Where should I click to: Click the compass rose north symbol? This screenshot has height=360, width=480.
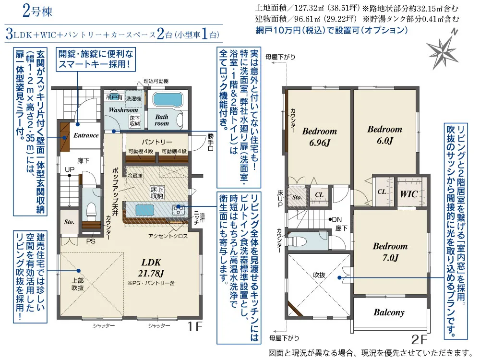443,50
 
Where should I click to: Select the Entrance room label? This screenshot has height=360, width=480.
86,135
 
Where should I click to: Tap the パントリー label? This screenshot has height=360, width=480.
157,142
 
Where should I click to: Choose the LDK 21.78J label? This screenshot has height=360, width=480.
151,267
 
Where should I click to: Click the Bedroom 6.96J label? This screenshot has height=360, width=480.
320,137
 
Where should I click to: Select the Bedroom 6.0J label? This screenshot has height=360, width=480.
385,135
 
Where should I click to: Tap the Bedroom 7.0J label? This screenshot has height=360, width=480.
390,252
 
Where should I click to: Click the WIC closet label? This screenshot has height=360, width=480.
409,194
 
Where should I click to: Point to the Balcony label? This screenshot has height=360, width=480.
389,312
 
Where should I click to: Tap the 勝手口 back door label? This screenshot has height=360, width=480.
211,143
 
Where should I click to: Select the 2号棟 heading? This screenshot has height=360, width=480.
37,12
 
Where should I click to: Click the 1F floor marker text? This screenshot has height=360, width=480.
195,327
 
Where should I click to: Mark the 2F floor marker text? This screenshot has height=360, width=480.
419,339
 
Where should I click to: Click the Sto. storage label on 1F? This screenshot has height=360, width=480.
70,222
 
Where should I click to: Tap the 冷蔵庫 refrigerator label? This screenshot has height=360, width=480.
135,176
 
